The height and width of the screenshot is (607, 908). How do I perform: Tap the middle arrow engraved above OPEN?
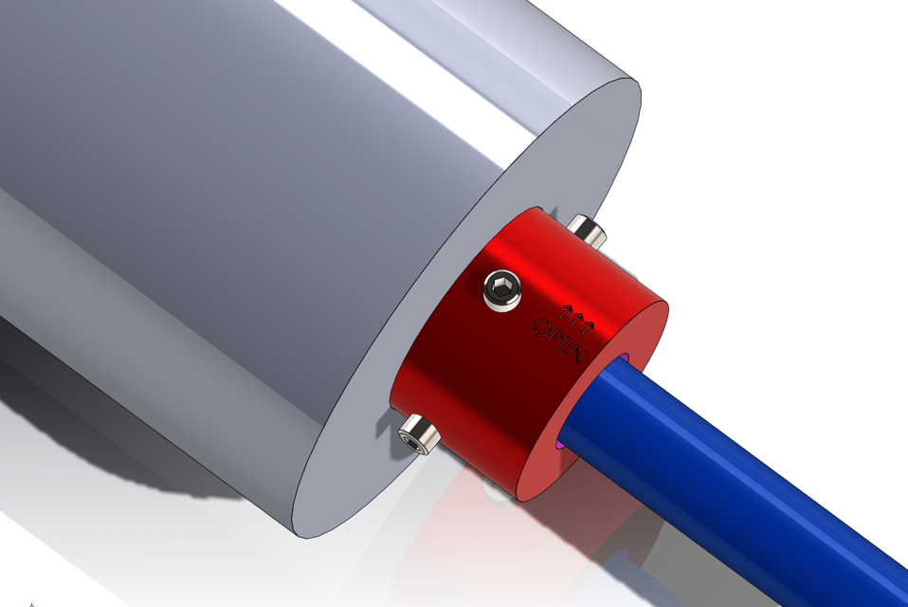572,316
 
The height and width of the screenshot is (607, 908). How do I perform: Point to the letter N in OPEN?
580,354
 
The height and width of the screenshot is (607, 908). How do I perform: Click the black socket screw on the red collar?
502,289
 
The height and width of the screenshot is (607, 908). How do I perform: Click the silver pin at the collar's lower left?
418,434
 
